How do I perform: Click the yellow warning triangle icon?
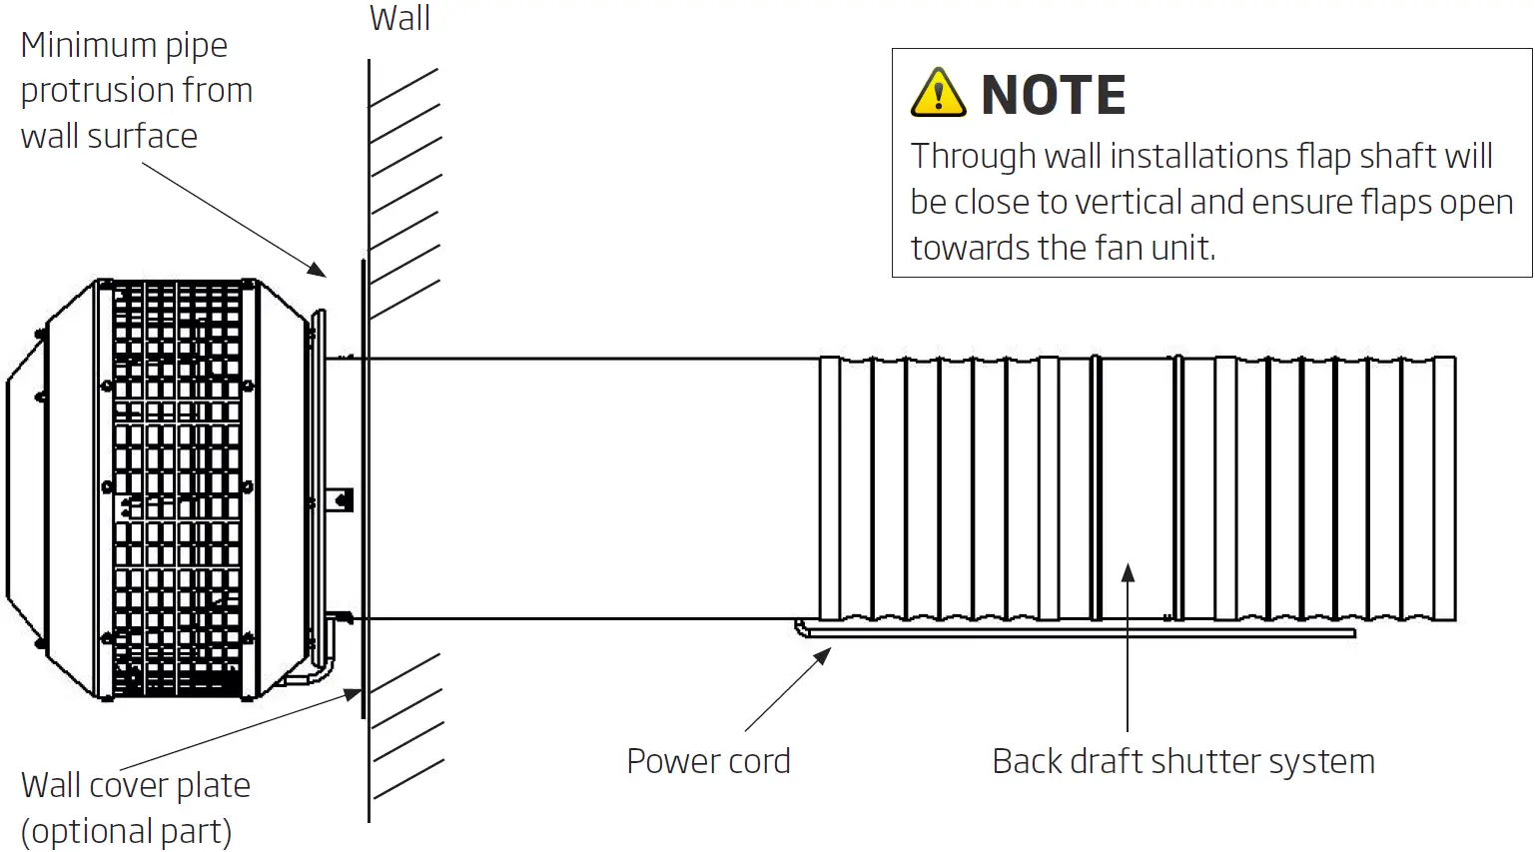click(x=938, y=94)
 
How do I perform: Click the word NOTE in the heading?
click(x=1053, y=96)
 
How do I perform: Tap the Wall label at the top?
click(x=399, y=18)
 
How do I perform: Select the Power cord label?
click(x=708, y=761)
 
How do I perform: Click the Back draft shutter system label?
click(x=1182, y=761)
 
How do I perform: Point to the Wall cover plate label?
click(x=136, y=785)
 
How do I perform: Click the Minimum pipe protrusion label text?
click(x=136, y=90)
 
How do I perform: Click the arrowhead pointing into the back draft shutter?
click(x=1128, y=572)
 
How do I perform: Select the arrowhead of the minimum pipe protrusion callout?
click(x=318, y=270)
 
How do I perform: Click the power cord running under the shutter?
click(x=1079, y=632)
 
